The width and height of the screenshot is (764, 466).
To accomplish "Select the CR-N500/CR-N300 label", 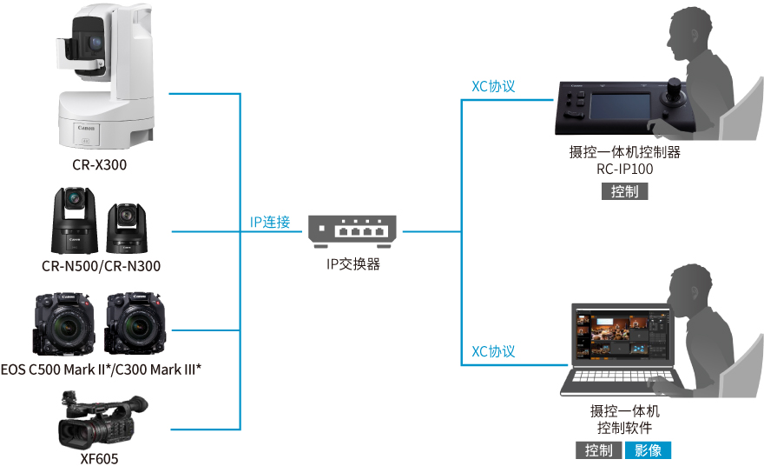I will (x=102, y=266).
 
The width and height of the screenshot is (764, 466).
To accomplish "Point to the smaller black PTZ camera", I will (x=128, y=227).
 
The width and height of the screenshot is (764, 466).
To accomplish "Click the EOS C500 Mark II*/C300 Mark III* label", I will (x=102, y=369).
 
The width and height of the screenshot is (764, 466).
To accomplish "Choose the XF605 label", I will (x=102, y=457).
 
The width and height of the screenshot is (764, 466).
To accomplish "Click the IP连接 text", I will (x=270, y=222).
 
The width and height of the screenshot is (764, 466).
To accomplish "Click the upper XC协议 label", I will (x=493, y=87).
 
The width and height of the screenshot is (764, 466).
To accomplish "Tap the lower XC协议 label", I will (x=493, y=351).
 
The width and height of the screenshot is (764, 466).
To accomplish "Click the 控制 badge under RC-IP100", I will (x=624, y=191).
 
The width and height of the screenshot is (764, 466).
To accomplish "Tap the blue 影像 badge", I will (x=648, y=450).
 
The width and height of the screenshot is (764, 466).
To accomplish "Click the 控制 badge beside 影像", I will (x=598, y=450).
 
